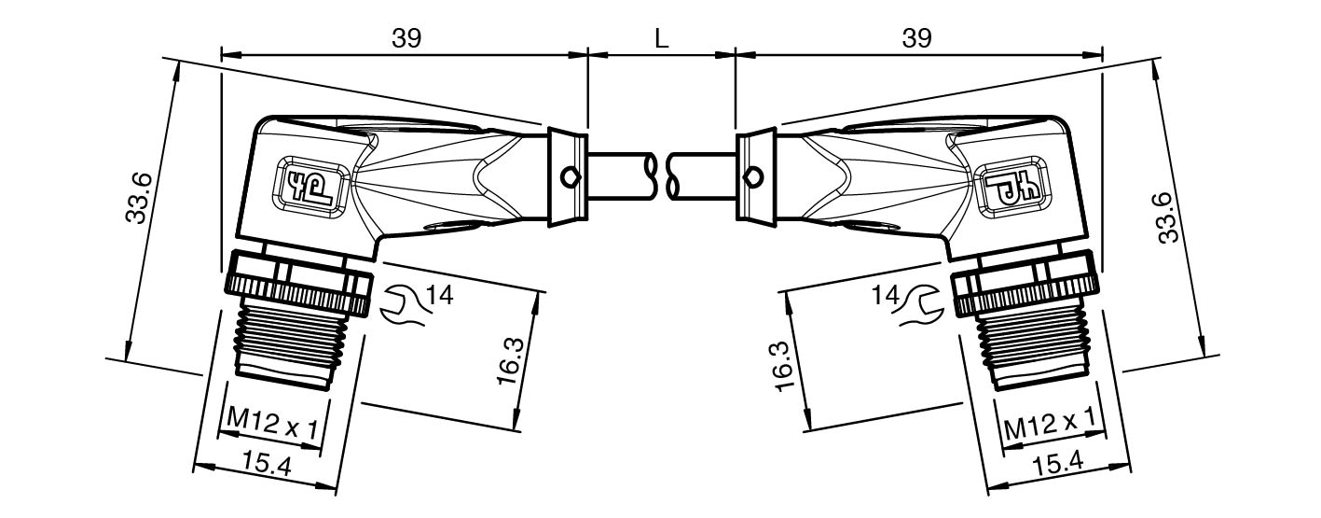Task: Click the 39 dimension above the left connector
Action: tap(406, 38)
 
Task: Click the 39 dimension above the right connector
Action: tap(917, 38)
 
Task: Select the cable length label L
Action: tap(662, 39)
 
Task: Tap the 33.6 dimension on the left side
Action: tap(140, 199)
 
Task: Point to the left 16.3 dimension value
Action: tap(511, 361)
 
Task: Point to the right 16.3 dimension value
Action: tap(785, 366)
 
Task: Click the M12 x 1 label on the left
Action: tap(272, 422)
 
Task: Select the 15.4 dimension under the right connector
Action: tap(1058, 463)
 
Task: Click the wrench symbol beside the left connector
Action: tap(403, 305)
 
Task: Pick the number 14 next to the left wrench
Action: tap(440, 295)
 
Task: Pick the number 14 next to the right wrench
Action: tap(886, 295)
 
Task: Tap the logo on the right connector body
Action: tap(1010, 188)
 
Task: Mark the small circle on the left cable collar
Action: tap(570, 176)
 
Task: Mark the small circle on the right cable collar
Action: tap(752, 176)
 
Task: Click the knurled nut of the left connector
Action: tap(299, 282)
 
